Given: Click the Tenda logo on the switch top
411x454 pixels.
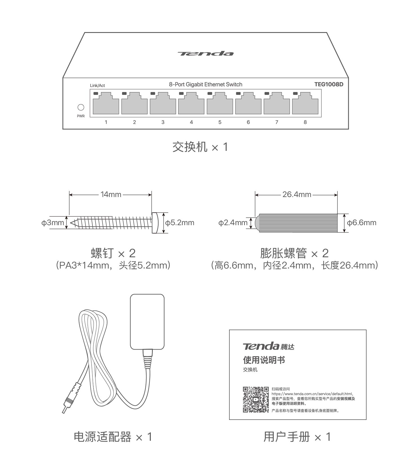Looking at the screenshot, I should [205, 53].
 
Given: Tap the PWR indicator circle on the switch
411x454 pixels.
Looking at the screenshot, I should [81, 107].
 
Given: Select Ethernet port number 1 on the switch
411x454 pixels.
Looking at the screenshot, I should [106, 104].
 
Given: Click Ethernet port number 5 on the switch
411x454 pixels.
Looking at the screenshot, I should [220, 104].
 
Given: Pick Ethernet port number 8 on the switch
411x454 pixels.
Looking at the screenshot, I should [305, 104].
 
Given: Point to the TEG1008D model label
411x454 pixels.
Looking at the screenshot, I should [329, 84].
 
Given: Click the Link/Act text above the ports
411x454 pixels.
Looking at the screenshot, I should [97, 86].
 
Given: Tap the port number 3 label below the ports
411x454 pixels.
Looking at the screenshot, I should [163, 122].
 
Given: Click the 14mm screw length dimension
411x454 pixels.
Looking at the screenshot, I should [111, 194].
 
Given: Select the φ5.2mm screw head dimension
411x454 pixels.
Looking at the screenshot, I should [180, 223].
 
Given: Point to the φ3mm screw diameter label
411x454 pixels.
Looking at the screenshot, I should [53, 223].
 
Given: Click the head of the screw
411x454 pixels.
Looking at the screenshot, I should [154, 223].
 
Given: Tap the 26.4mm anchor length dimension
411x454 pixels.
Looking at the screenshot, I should [297, 194].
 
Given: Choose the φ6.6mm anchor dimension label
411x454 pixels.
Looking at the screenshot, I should [361, 223].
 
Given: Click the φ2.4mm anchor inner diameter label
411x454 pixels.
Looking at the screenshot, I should [233, 223].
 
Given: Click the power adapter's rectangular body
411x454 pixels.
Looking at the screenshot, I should [147, 322].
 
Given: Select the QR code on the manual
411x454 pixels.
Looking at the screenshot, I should [256, 399].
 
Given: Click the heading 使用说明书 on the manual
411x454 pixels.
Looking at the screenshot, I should [264, 360].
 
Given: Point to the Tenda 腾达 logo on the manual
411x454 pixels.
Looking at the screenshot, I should [268, 346].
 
